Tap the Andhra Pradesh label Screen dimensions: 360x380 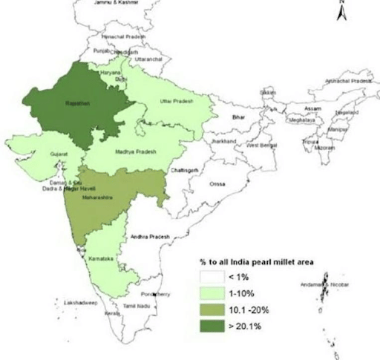[150, 236]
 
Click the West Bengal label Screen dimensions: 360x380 [262, 146]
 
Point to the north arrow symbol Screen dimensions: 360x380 [341, 10]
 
